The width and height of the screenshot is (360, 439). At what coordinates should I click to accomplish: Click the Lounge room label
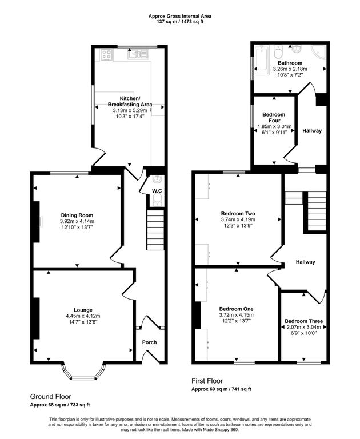(x=83, y=310)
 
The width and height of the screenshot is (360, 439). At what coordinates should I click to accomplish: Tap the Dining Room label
(x=77, y=215)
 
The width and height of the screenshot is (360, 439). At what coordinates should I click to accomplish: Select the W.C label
(x=157, y=191)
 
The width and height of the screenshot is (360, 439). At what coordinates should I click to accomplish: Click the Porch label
(x=150, y=342)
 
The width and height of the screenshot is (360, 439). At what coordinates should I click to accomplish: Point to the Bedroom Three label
(x=304, y=321)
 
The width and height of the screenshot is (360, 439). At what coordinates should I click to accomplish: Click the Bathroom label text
(x=290, y=63)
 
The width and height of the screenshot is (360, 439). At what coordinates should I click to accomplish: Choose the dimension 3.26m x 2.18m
(x=290, y=69)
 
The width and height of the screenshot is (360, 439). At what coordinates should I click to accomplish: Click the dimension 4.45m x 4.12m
(x=83, y=316)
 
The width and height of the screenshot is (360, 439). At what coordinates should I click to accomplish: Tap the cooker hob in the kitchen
(x=107, y=55)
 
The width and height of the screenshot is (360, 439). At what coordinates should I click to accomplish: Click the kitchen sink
(x=138, y=54)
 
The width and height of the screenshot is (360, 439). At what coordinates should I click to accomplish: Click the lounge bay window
(x=83, y=371)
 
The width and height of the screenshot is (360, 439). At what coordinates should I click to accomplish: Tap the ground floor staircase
(x=155, y=230)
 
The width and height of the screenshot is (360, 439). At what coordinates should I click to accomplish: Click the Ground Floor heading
(x=51, y=397)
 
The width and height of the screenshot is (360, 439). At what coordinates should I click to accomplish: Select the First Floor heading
(x=207, y=381)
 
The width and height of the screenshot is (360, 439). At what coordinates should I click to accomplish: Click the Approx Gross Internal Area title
(x=180, y=16)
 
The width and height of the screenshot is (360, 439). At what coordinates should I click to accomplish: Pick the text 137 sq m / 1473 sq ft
(x=180, y=22)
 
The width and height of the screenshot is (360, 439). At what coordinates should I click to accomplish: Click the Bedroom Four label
(x=274, y=118)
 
